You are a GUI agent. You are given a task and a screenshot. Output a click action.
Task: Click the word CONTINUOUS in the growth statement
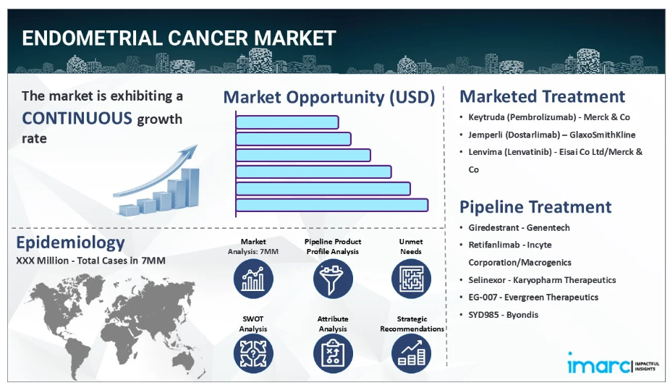tap(77, 119)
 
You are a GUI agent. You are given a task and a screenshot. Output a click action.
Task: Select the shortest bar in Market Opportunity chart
tap(287, 122)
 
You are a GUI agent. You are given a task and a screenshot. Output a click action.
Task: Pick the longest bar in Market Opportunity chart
tap(332, 205)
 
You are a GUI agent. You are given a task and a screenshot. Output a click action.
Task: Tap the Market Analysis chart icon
tap(253, 279)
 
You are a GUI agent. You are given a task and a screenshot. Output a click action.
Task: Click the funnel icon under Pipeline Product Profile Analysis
tap(333, 279)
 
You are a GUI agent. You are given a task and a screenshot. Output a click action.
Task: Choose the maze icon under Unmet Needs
tap(411, 279)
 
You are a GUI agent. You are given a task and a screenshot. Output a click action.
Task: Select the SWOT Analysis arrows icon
tap(253, 353)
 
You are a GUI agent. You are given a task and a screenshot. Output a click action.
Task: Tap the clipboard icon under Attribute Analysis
tap(333, 353)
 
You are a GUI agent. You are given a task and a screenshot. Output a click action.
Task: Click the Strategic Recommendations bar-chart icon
tap(411, 353)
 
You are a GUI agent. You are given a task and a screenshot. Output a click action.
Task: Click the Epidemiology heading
tap(70, 242)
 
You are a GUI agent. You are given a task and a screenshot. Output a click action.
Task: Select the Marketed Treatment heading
tap(542, 96)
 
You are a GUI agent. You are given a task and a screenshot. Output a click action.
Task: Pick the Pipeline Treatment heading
tap(535, 207)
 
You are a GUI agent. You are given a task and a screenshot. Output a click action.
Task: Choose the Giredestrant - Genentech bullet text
tap(520, 228)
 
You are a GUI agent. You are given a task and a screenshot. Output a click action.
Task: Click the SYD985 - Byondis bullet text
tap(504, 315)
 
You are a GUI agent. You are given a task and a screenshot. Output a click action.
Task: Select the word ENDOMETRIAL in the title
tap(92, 38)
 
